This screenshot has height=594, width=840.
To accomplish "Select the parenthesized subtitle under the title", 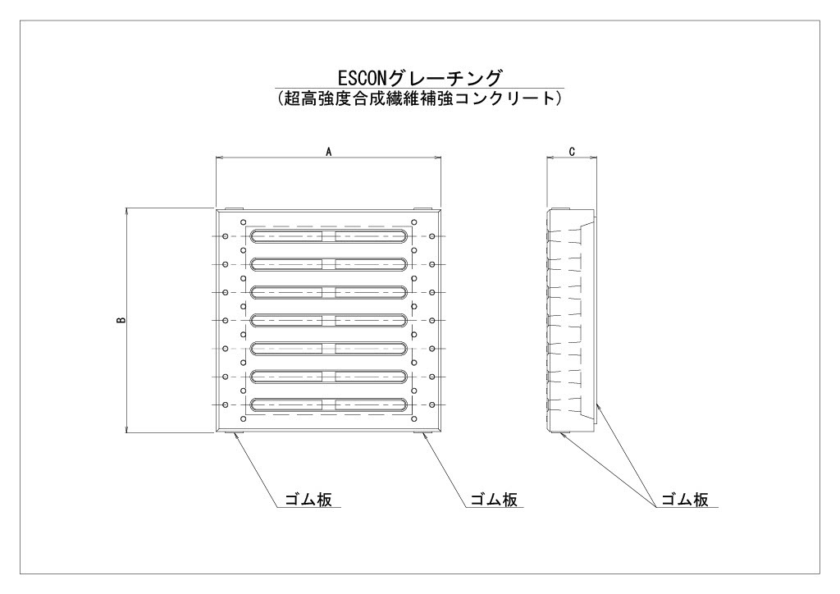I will [420, 98].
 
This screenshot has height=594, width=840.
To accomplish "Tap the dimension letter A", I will [328, 152].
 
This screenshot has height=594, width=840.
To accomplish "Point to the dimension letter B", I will [120, 321].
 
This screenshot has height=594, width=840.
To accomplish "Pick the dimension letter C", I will [572, 152].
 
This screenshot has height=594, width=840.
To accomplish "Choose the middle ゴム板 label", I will [493, 500].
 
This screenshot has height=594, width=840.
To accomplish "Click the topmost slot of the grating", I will [329, 236].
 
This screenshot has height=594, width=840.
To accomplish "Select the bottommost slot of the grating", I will [329, 404].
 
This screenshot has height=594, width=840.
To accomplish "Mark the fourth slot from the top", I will [329, 320].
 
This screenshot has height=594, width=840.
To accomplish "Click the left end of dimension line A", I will [216, 158].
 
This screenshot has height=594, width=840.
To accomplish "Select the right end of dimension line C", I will [597, 158].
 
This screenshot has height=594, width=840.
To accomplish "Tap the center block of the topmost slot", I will [329, 236].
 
